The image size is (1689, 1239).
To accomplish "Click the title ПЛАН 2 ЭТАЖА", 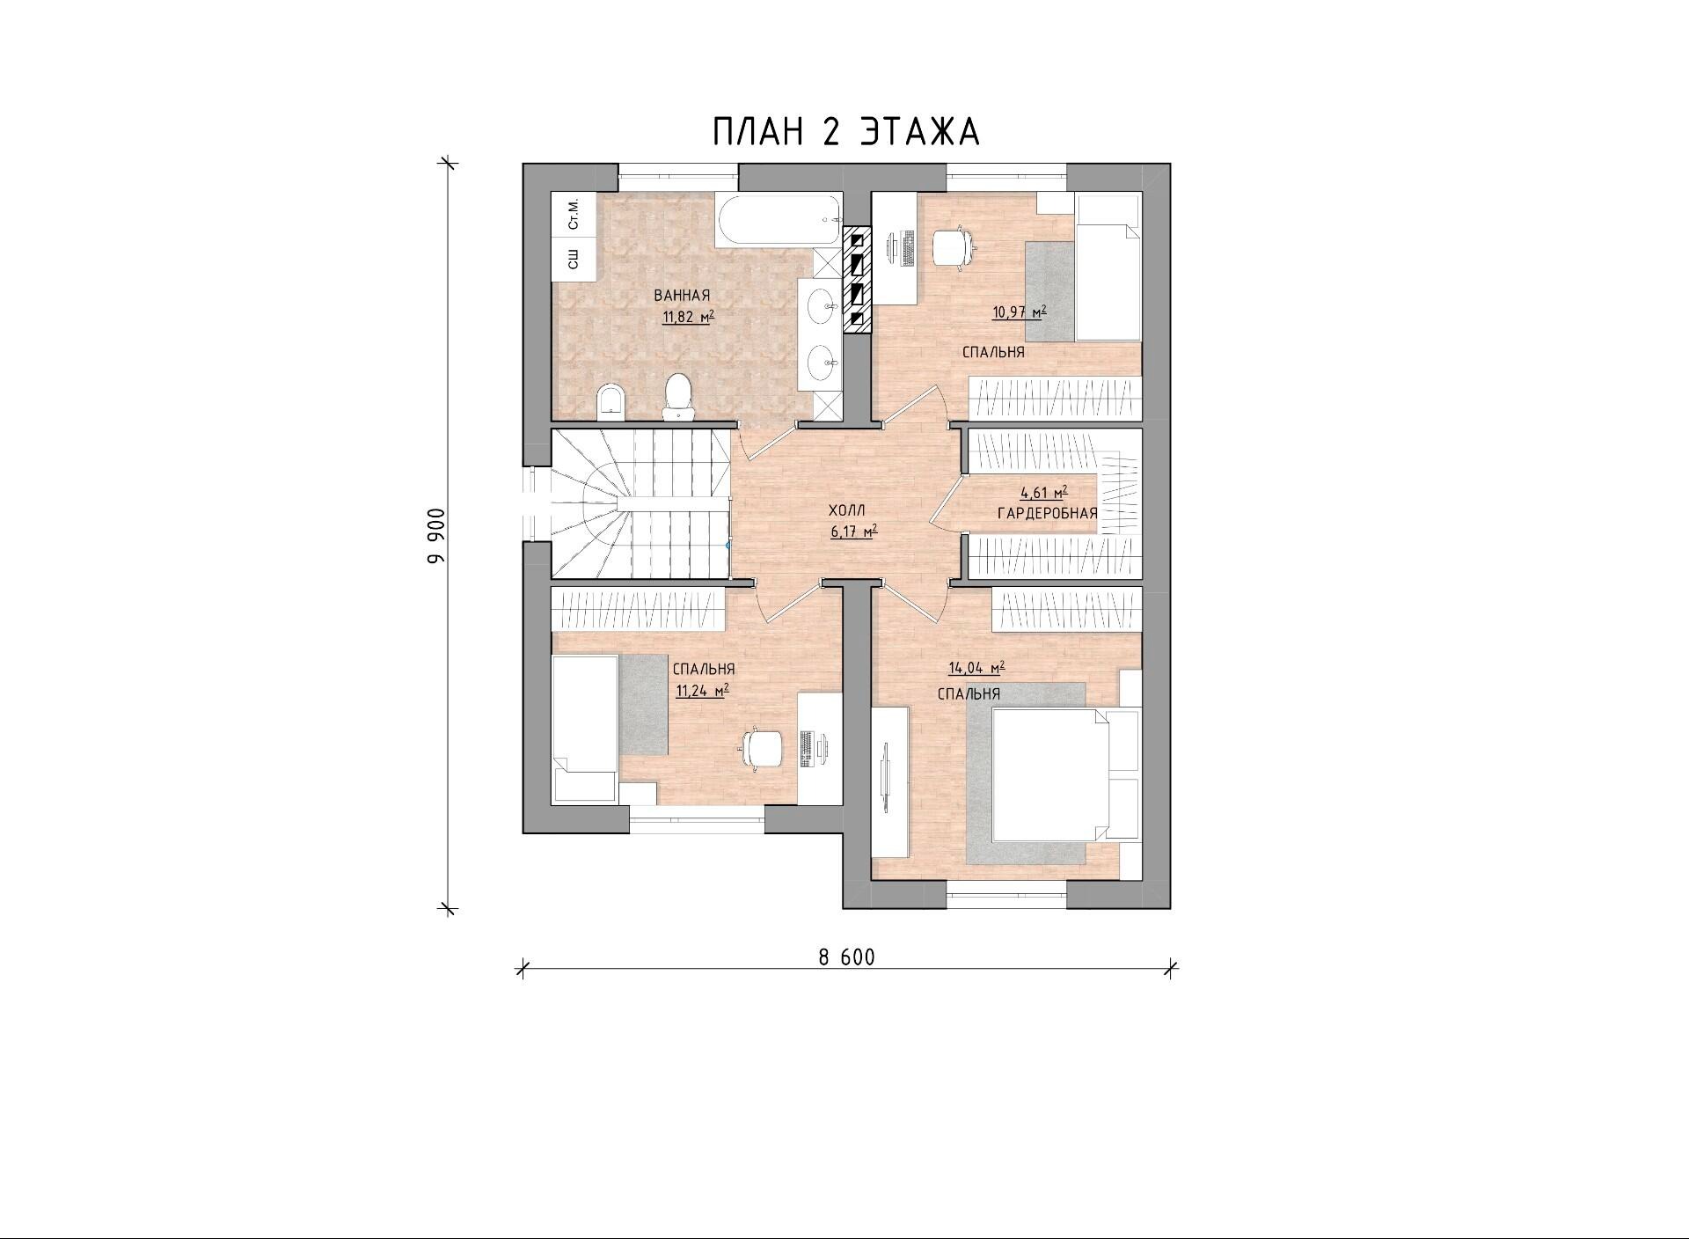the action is [845, 131].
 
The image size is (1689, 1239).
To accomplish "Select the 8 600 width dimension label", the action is [847, 957].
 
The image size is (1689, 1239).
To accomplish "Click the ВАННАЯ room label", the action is [682, 296].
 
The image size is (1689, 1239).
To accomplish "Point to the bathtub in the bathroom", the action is [779, 221].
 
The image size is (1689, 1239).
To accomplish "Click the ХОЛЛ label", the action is [847, 510].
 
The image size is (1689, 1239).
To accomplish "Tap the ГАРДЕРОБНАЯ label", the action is [1048, 513].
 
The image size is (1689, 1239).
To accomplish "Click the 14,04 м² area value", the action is [976, 668].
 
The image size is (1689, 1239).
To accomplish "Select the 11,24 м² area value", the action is [702, 691].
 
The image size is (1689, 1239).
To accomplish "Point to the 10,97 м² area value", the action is [1020, 312].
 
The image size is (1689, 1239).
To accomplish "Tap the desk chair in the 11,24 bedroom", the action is [762, 748].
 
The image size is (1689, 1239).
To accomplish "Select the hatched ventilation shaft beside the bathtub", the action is [858, 281].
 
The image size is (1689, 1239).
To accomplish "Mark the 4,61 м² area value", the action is [1044, 494].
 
